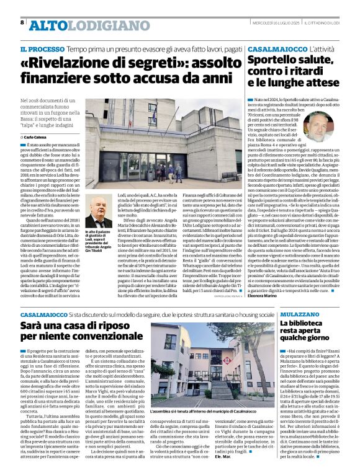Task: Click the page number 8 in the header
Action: [22, 22]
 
